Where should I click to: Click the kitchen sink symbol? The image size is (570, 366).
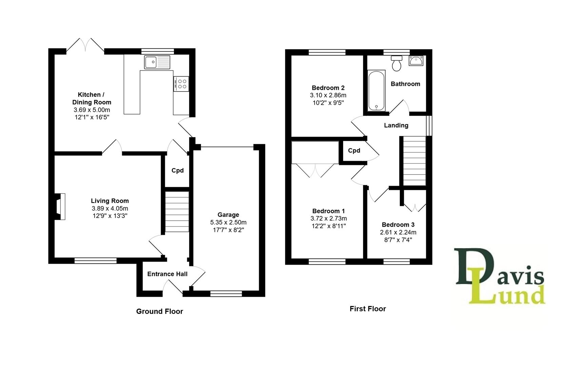click(157, 62)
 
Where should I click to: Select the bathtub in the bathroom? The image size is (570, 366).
click(376, 90)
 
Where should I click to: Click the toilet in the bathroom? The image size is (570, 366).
click(396, 63)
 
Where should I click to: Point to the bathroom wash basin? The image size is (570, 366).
click(416, 61)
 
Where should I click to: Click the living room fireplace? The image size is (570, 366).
click(60, 206)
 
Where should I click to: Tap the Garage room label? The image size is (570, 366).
click(228, 215)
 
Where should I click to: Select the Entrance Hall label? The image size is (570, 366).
click(167, 274)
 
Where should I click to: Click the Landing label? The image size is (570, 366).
click(396, 125)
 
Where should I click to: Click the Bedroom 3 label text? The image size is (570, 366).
click(398, 224)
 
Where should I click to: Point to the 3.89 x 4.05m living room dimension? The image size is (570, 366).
click(110, 208)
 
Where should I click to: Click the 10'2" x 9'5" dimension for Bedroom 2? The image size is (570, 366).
click(328, 103)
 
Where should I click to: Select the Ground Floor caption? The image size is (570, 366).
click(159, 311)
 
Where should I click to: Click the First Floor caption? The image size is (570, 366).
click(368, 309)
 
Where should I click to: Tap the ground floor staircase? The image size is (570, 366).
click(177, 212)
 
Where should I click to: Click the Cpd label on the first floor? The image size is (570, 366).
click(354, 150)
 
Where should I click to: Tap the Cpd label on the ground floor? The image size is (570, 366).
click(177, 170)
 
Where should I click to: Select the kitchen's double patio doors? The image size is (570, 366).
click(85, 46)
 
